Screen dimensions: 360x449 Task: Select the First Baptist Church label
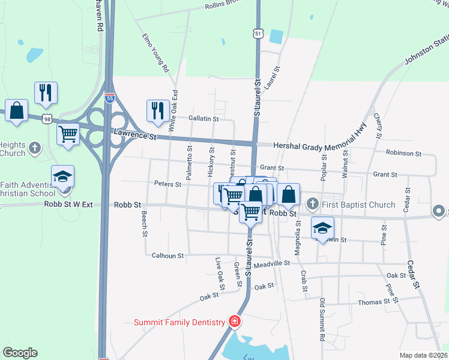358,205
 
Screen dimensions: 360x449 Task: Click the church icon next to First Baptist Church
312,205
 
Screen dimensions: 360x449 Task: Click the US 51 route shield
258,34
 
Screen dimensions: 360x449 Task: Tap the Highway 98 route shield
47,119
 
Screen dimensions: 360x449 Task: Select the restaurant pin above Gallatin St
157,110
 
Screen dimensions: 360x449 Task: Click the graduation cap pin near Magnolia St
322,227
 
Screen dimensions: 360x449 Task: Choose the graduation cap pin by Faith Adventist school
62,176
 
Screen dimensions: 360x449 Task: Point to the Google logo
20,353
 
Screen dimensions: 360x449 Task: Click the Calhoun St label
167,256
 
